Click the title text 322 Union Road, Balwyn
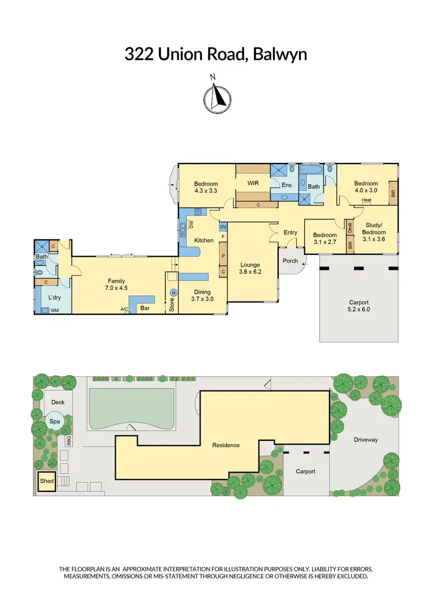click(215, 55)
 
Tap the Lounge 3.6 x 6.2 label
click(250, 268)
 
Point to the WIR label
click(253, 184)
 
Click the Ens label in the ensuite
click(286, 185)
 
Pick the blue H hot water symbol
click(173, 292)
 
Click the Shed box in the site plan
click(46, 481)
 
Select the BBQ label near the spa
click(69, 441)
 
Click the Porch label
click(290, 261)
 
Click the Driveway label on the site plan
click(366, 440)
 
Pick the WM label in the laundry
click(55, 311)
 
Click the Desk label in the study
click(350, 227)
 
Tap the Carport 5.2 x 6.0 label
click(359, 306)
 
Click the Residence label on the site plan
click(226, 445)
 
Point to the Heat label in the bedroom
click(366, 200)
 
